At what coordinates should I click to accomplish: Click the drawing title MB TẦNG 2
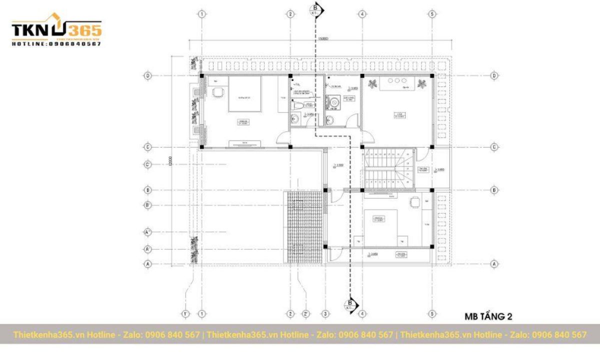488,316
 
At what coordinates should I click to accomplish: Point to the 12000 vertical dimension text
170,161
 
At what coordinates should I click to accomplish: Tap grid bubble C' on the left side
147,164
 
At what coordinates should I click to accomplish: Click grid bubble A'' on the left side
147,232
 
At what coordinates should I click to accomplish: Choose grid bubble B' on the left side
147,205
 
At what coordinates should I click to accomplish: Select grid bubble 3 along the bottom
325,313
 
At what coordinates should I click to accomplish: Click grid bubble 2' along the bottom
306,313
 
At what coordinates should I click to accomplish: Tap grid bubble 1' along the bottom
186,313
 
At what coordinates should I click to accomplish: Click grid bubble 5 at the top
432,14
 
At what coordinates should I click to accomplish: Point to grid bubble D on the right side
494,75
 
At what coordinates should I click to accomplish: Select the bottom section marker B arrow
350,304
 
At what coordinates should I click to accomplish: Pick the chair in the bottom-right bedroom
415,202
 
